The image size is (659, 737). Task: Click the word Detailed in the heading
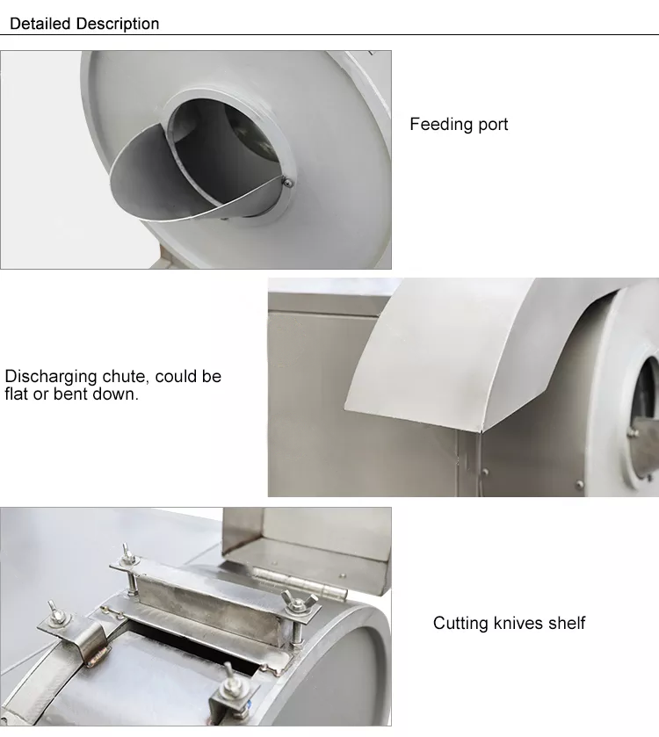[40, 24]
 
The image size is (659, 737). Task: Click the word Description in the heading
[118, 24]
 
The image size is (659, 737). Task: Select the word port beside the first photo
[493, 126]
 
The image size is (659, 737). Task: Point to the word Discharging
[51, 377]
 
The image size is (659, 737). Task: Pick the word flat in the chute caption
[17, 394]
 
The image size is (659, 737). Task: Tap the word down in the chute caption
[115, 394]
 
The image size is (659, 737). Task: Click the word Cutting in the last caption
[460, 624]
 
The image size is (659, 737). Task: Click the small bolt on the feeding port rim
[286, 182]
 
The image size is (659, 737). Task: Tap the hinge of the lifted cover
[301, 582]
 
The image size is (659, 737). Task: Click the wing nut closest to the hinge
[293, 601]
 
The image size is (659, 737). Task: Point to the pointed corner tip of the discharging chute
[481, 430]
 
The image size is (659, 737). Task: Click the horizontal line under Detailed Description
[329, 35]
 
